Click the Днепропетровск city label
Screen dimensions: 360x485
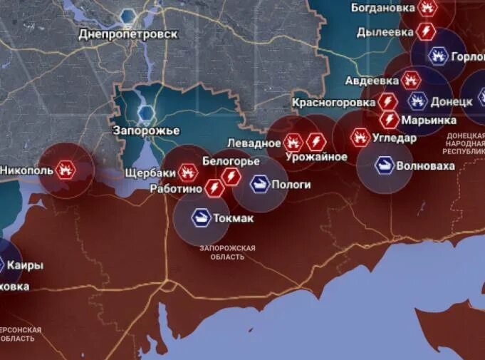tap(127, 34)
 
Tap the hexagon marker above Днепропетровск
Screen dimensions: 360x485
tap(129, 16)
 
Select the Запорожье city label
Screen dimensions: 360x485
tap(146, 130)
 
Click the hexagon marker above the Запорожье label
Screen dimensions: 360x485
tap(147, 113)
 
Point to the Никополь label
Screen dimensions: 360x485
tap(25, 170)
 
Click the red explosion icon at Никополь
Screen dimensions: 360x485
tap(66, 170)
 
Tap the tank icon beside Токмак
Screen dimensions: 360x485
tap(201, 217)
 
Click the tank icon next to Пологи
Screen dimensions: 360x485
tap(261, 184)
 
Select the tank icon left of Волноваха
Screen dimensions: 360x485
tap(385, 165)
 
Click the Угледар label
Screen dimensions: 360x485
tap(395, 138)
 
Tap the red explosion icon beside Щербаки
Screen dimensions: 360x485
tap(188, 171)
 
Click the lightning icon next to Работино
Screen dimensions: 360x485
tap(214, 187)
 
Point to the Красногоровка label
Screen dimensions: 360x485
tap(333, 102)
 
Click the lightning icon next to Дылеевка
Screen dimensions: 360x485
tap(426, 31)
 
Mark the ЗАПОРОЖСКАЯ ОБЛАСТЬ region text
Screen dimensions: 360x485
tap(227, 252)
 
